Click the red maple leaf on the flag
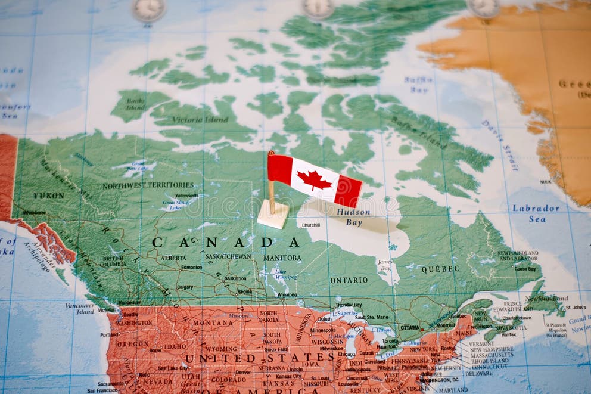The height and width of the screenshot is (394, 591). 314,179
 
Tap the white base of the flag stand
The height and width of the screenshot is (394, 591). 273,215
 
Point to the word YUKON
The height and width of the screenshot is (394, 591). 48,196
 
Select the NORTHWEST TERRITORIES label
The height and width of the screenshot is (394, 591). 148,185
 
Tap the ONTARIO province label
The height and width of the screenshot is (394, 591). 349,280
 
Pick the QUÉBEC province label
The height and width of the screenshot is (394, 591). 440,269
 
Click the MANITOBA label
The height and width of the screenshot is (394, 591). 282,258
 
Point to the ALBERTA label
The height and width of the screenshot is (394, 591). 173,258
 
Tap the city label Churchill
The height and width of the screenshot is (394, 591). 310,225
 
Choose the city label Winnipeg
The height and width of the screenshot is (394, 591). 287,294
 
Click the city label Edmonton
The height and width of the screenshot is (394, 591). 191,267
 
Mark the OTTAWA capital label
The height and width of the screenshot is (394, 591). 410,328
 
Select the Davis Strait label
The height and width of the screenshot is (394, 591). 499,136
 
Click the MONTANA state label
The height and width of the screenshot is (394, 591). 213,322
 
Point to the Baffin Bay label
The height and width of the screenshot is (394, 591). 418,84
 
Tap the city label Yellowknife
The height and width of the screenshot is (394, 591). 186,195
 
